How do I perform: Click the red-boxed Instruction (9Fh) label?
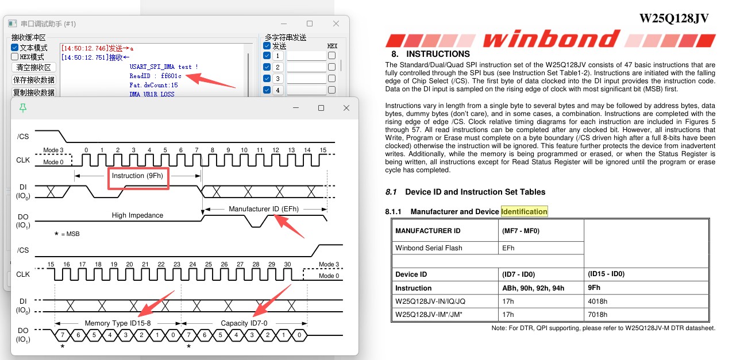click(x=137, y=176)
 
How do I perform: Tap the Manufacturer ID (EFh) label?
click(x=264, y=209)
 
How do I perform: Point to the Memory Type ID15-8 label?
click(x=118, y=323)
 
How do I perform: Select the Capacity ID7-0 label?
click(x=244, y=323)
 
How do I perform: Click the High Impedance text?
click(x=137, y=215)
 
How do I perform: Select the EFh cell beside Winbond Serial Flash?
click(x=508, y=248)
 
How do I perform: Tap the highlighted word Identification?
click(x=524, y=212)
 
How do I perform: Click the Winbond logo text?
click(x=552, y=39)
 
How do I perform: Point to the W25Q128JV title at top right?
click(x=674, y=18)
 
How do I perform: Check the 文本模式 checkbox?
click(x=14, y=48)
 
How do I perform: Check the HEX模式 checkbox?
click(x=14, y=57)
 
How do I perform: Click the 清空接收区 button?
click(x=33, y=68)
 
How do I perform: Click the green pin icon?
click(x=23, y=108)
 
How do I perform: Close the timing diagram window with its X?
click(x=346, y=108)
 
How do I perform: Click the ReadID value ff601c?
click(x=171, y=76)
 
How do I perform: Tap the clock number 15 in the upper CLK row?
click(x=323, y=150)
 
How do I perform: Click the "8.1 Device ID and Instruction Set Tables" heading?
click(x=465, y=192)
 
